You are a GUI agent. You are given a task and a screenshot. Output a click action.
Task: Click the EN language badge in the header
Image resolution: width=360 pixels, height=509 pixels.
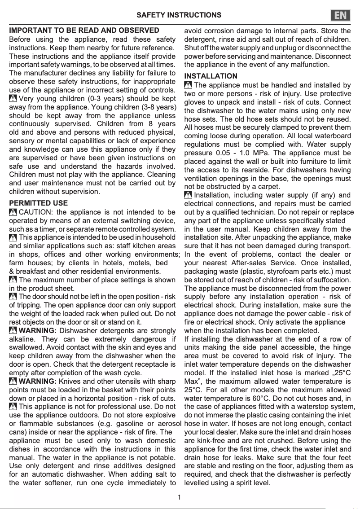(341, 15)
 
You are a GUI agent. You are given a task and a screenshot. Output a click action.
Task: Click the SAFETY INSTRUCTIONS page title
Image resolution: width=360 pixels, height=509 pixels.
(179, 15)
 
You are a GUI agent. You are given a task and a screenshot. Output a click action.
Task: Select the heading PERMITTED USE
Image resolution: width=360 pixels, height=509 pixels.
(39, 203)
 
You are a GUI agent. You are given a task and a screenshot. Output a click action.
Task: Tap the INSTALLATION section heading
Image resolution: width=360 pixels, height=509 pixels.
(211, 76)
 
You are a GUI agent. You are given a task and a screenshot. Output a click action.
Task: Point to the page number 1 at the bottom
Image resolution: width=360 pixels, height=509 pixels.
(180, 497)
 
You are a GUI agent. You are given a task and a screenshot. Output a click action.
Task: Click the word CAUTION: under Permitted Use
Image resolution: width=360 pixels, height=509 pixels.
(36, 212)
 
